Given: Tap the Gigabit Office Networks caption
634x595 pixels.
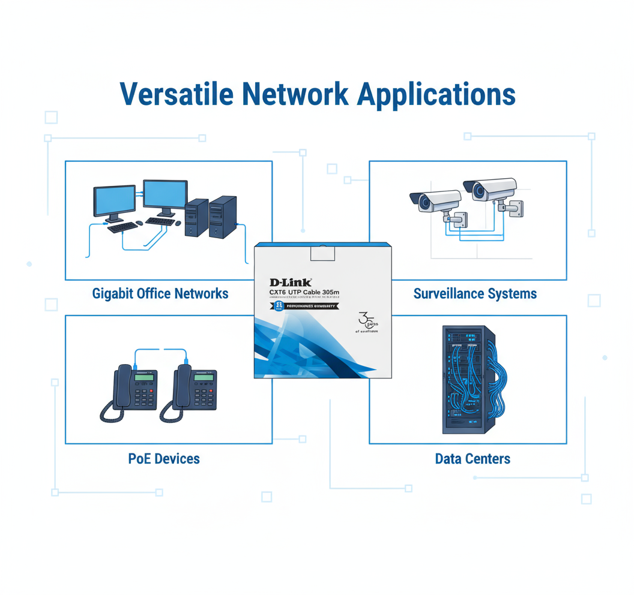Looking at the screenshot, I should click(160, 293).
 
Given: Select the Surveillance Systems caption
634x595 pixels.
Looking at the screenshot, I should click(475, 294).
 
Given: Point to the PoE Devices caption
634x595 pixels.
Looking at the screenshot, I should click(164, 459).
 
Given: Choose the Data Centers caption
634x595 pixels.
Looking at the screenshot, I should click(472, 459).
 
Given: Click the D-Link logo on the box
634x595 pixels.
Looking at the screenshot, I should click(291, 281).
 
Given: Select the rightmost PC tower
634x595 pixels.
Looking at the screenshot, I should click(223, 217).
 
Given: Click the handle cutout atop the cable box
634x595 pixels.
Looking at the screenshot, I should click(322, 253).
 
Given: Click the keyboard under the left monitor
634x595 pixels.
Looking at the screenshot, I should click(123, 228).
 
